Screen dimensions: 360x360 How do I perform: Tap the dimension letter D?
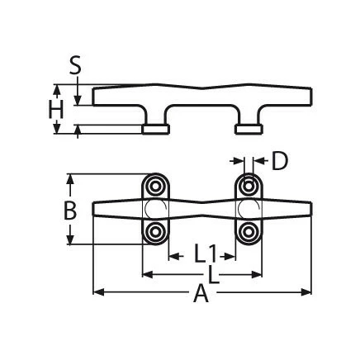tap(279, 160)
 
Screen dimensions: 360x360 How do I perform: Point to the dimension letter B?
tap(71, 210)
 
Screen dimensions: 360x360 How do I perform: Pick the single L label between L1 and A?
tap(214, 273)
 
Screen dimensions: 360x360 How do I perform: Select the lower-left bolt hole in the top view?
tap(154, 234)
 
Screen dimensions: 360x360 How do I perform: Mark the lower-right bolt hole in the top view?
tap(248, 234)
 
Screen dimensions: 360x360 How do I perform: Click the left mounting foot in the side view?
tap(154, 129)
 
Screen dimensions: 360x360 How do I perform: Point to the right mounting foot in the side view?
tap(247, 129)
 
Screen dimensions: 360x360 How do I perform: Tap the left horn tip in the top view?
tap(96, 210)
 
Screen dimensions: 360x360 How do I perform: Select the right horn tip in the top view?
tap(309, 210)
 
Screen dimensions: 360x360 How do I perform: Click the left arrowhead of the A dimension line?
tap(96, 291)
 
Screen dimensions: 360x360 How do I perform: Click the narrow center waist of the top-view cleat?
tap(201, 210)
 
